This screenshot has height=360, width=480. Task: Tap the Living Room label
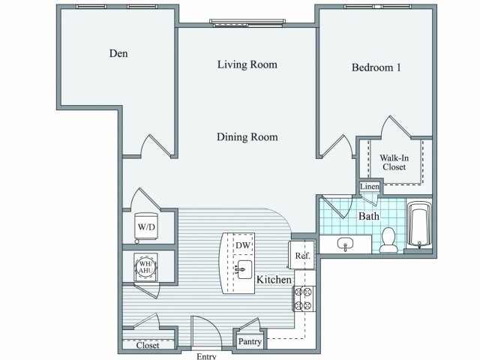point(247,64)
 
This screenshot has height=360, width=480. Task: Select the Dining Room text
point(247,137)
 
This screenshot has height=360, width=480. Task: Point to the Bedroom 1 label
point(376,67)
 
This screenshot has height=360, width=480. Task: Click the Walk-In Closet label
point(393,162)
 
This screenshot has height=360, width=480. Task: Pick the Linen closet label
point(369,187)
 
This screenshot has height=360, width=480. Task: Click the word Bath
point(368,216)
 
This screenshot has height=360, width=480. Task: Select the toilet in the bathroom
point(388,239)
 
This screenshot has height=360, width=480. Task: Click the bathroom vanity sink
point(346,244)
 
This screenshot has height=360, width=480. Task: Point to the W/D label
point(145,226)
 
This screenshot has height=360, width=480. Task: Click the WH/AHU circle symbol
point(145,266)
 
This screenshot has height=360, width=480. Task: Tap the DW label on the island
point(242,246)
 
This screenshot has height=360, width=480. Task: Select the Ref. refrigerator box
point(302,256)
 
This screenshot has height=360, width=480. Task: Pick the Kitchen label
point(274,280)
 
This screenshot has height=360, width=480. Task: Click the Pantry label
point(249,341)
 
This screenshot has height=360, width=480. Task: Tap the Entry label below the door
point(206,356)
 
